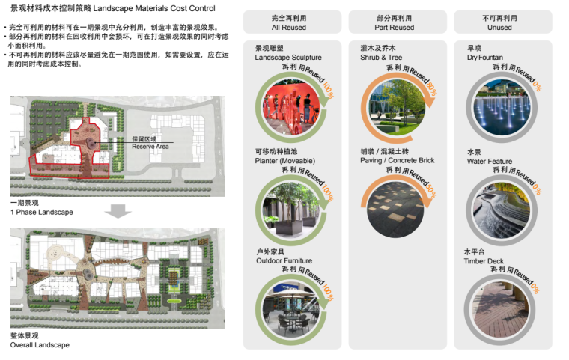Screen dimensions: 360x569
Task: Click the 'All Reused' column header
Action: [x=288, y=22]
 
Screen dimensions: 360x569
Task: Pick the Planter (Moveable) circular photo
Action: [x=290, y=205]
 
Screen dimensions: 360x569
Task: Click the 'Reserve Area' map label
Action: [x=150, y=147]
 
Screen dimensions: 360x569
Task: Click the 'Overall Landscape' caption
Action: [x=40, y=345]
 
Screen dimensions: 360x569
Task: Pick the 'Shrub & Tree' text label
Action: [x=382, y=57]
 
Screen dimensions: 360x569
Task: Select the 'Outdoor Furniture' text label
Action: [x=284, y=261]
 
